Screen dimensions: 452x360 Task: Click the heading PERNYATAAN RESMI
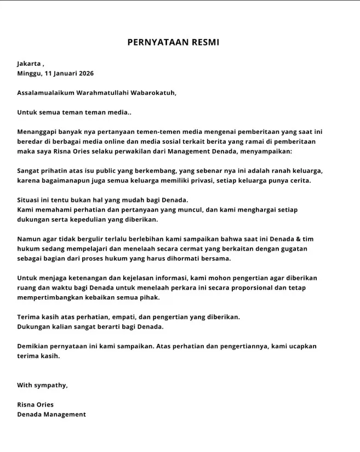(173, 42)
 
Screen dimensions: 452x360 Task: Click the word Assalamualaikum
(44, 93)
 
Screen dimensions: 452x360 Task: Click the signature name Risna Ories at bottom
(36, 405)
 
